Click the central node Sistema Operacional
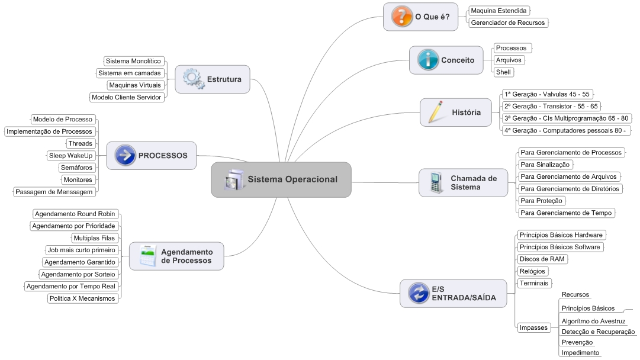281,179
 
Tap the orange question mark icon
401,17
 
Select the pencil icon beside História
436,112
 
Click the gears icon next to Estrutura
192,79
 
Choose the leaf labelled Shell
503,72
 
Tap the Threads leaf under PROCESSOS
81,143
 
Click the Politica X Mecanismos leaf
82,298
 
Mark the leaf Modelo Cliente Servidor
126,97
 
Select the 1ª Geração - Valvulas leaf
546,94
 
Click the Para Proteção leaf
541,201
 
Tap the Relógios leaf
532,271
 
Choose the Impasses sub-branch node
533,327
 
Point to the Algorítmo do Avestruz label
593,321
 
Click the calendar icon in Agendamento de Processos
147,256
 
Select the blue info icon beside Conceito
427,60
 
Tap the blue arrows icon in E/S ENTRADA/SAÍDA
419,293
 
